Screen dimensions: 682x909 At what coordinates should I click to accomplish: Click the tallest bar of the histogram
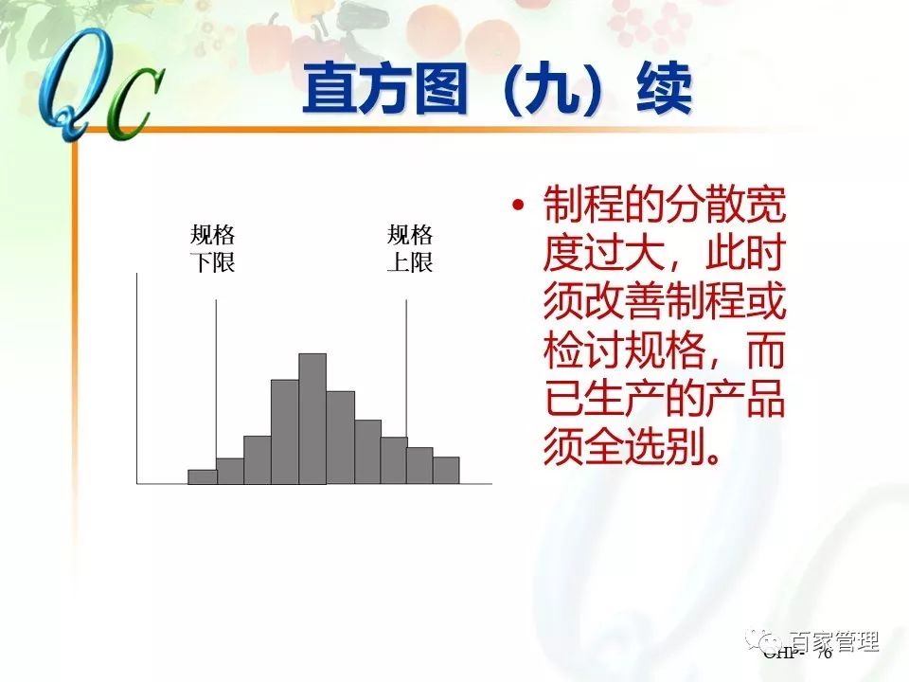pyautogui.click(x=312, y=419)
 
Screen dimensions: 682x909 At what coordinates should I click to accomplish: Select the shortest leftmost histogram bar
pyautogui.click(x=202, y=476)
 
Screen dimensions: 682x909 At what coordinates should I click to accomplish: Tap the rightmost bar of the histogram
pyautogui.click(x=446, y=470)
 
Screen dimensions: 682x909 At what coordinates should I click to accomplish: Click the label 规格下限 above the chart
pyautogui.click(x=212, y=249)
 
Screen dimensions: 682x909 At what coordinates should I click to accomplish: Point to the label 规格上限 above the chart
pyautogui.click(x=410, y=249)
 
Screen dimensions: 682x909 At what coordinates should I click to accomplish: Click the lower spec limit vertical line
pyautogui.click(x=217, y=379)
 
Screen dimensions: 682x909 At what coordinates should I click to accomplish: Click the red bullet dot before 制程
pyautogui.click(x=517, y=206)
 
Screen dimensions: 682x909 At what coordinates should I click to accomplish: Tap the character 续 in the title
pyautogui.click(x=662, y=91)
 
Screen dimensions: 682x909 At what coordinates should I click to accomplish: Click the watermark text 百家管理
pyautogui.click(x=834, y=641)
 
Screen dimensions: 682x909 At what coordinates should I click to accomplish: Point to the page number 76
pyautogui.click(x=823, y=654)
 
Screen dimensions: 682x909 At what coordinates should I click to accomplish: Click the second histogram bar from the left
pyautogui.click(x=230, y=471)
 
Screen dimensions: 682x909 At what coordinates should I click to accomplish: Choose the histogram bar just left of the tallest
pyautogui.click(x=285, y=432)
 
